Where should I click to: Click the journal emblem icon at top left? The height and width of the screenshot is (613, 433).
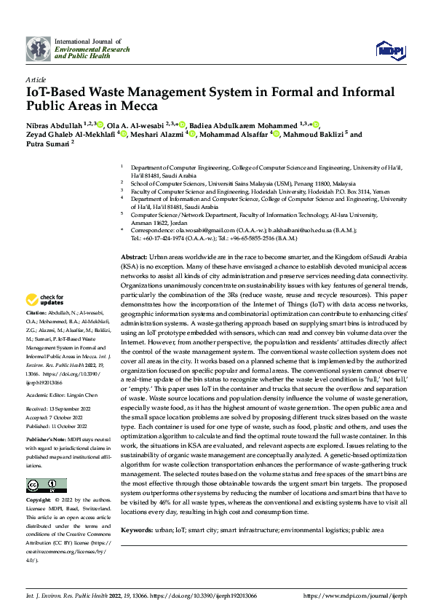click(38, 49)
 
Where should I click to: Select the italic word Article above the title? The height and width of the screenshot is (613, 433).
click(35, 79)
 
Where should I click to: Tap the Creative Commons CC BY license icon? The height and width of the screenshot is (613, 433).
click(46, 485)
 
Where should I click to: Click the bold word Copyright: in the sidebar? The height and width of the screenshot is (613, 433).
click(38, 502)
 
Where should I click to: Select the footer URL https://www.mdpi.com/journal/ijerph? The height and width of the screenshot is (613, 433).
click(362, 596)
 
